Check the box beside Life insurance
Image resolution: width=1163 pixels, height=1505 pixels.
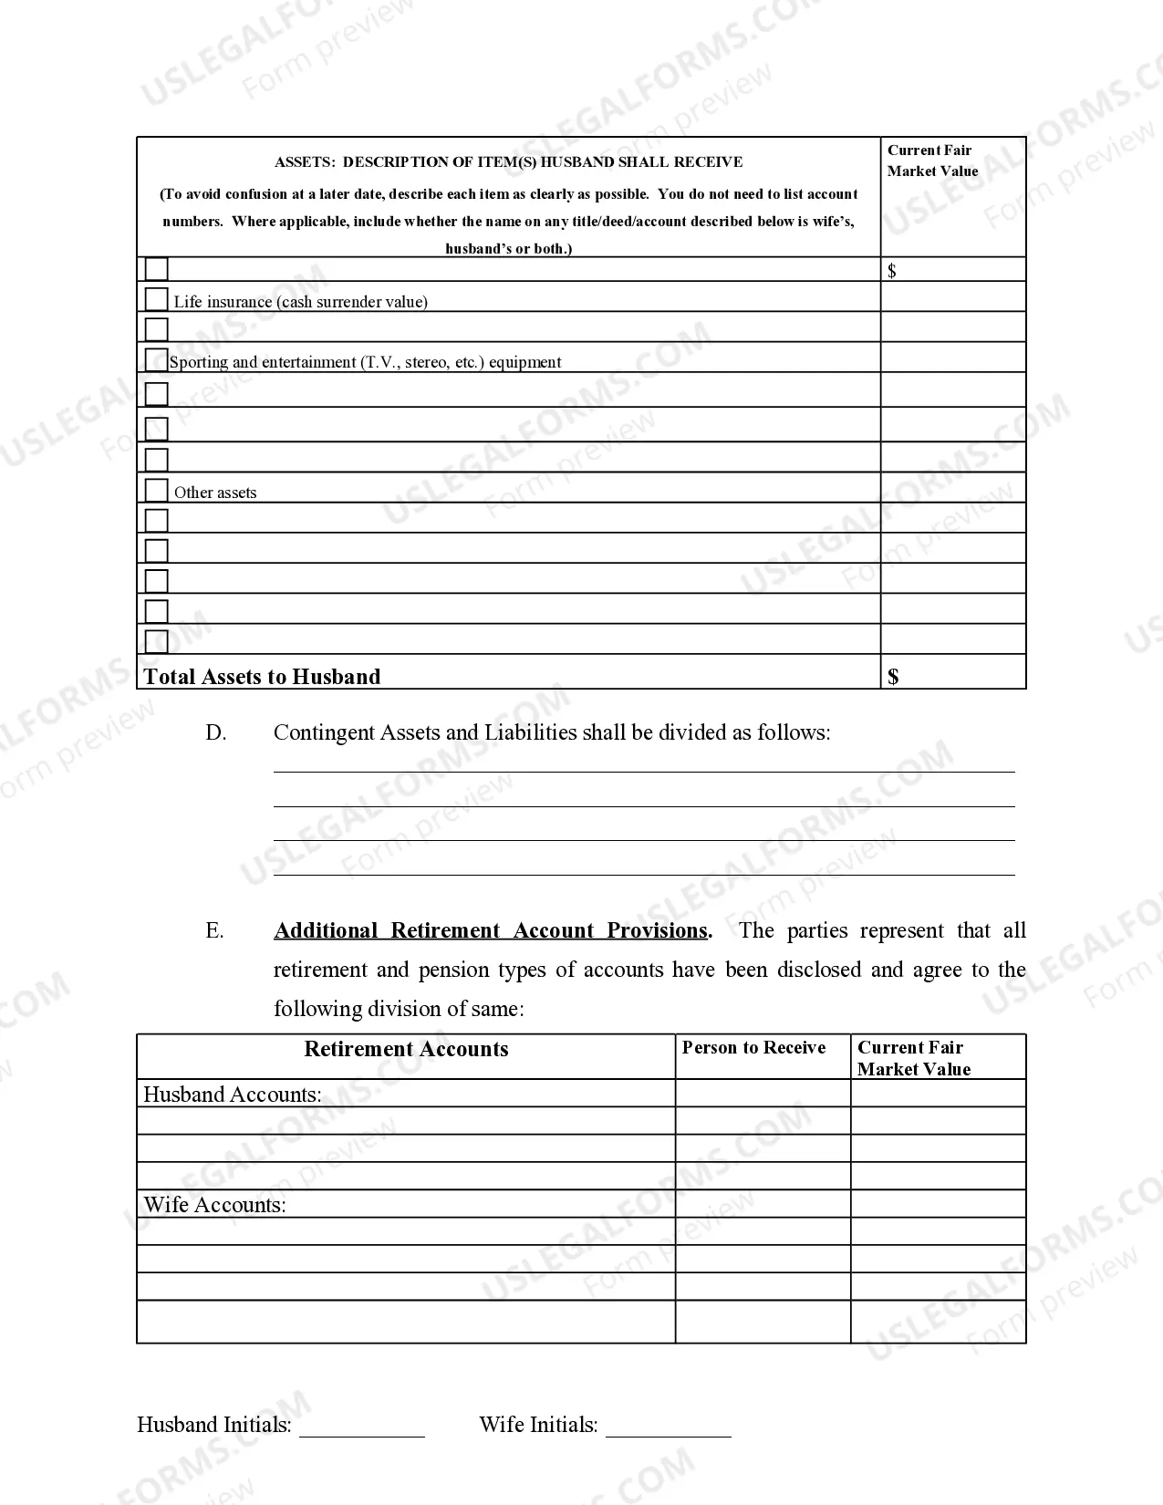point(157,299)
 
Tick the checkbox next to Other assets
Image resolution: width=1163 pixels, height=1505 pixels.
point(157,490)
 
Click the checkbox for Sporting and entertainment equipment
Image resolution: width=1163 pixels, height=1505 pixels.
point(157,359)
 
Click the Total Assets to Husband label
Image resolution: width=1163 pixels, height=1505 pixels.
point(262,677)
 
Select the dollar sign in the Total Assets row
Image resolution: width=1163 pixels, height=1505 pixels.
point(893,677)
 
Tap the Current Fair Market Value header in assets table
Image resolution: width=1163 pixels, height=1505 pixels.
point(932,161)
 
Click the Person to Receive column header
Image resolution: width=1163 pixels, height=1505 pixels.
point(753,1048)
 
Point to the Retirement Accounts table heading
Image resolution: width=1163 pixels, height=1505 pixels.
point(406,1049)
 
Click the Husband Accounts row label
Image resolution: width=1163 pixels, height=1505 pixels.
point(233,1095)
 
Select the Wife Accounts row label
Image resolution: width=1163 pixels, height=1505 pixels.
point(214,1205)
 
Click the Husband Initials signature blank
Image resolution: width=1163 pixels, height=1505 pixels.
point(362,1427)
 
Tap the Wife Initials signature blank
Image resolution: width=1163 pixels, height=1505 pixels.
point(669,1427)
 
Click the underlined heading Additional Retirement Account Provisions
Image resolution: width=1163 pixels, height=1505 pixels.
point(491,930)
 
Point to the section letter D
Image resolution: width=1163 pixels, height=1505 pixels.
point(216,732)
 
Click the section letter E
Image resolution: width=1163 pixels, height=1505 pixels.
point(214,930)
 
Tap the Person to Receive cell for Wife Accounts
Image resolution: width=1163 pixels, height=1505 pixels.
point(763,1204)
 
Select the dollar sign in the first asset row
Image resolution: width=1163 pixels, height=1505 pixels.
point(892,271)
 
